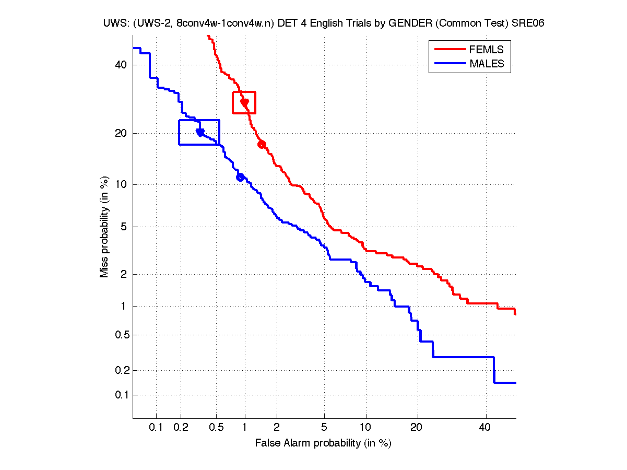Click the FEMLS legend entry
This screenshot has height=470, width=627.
pyautogui.click(x=486, y=50)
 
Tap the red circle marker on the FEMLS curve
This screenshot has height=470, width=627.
pyautogui.click(x=262, y=144)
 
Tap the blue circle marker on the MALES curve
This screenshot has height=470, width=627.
pyautogui.click(x=240, y=177)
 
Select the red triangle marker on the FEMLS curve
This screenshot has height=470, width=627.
pyautogui.click(x=244, y=103)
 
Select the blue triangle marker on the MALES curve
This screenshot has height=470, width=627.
pyautogui.click(x=200, y=133)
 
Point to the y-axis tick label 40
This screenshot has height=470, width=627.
pyautogui.click(x=121, y=65)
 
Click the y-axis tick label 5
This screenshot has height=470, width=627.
pyautogui.click(x=124, y=227)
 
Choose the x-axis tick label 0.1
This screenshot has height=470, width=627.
pyautogui.click(x=156, y=428)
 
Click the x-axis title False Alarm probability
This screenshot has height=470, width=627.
pyautogui.click(x=323, y=443)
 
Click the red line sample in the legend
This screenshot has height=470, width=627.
pyautogui.click(x=449, y=50)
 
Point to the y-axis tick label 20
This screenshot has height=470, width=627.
pyautogui.click(x=121, y=133)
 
